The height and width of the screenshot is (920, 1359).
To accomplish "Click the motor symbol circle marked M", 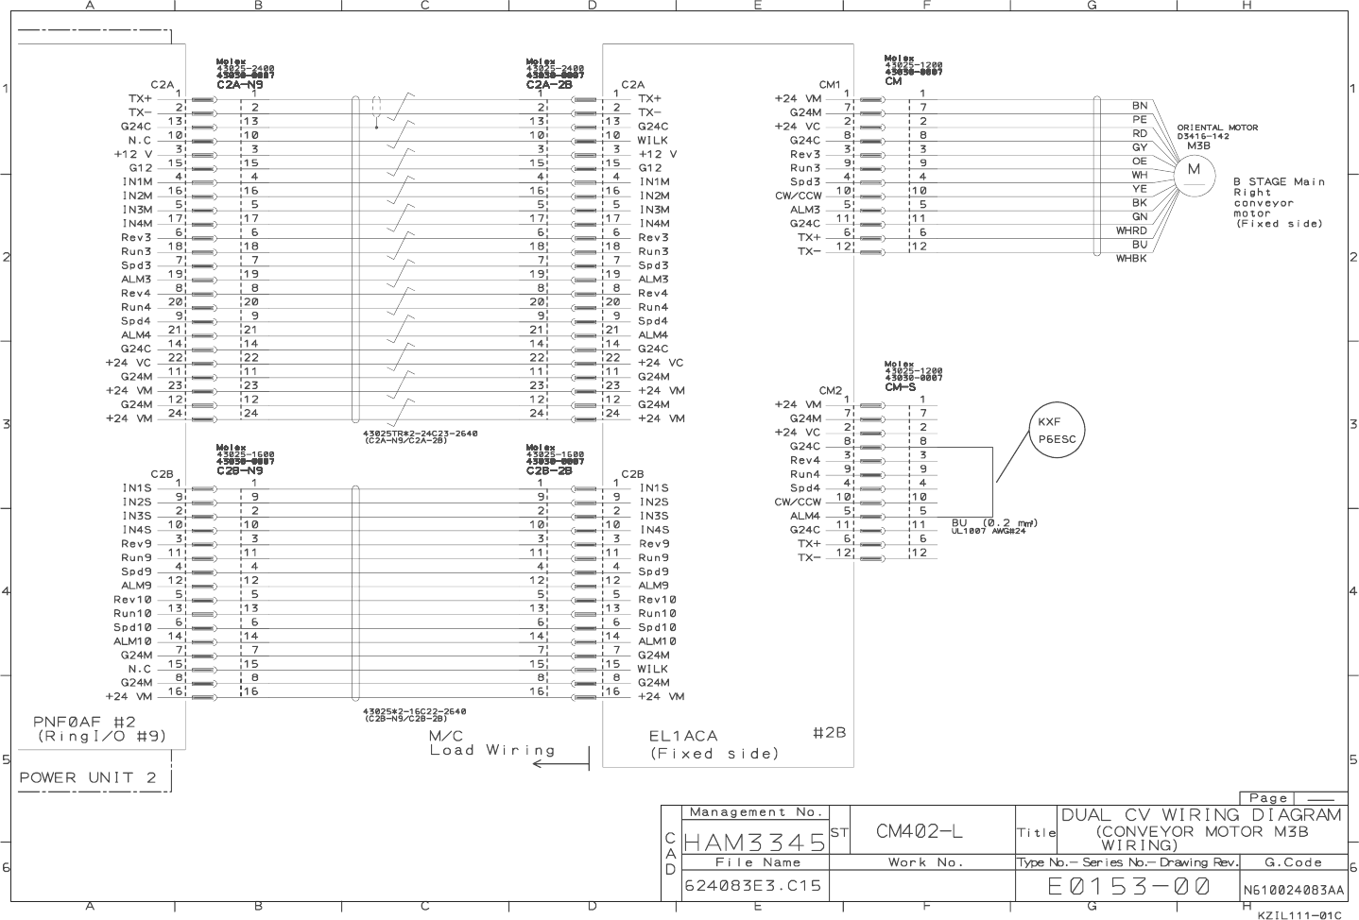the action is (1194, 170).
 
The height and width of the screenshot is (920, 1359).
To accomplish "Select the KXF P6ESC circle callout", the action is (1056, 431).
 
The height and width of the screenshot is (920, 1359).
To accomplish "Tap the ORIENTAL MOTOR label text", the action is (1217, 128).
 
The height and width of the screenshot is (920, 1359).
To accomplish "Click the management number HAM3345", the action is (753, 840).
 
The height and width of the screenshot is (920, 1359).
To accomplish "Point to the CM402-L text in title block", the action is (920, 831).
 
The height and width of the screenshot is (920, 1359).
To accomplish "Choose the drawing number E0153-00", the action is (1128, 887).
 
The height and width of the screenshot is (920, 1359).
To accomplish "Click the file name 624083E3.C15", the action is (753, 886).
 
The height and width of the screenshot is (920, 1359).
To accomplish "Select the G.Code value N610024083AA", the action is (1293, 890).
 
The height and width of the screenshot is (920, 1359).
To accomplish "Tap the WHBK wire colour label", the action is (1131, 259).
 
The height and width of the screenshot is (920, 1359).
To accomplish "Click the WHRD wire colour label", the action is (1131, 230).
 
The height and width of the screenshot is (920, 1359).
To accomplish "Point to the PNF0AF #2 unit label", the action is (84, 723).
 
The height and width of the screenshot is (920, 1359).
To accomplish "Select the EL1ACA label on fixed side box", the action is (683, 736).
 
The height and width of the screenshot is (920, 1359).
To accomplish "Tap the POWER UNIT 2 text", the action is (88, 778).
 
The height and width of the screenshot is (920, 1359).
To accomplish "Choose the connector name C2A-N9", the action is (240, 85).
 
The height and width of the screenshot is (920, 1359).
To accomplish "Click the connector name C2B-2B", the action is (549, 469).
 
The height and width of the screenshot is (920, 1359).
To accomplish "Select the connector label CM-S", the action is (900, 387).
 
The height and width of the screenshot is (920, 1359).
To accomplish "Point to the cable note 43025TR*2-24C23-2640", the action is (421, 434).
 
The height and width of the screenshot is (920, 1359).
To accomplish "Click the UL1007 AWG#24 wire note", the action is (989, 531).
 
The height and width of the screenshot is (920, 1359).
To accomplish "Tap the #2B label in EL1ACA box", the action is (829, 733).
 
